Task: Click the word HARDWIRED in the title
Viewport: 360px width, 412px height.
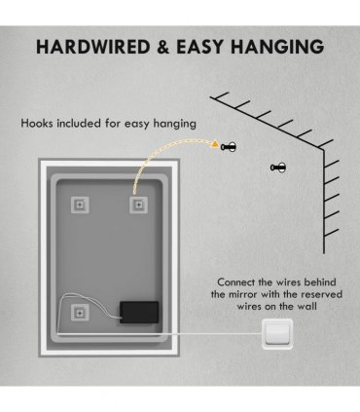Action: point(92,47)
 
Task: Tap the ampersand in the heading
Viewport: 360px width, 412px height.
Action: point(162,47)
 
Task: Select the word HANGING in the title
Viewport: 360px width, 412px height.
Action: point(277,47)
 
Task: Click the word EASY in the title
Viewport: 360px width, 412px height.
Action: point(200,47)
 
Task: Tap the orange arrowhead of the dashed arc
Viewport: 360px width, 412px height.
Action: point(214,143)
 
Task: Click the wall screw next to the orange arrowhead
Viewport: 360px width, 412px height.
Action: point(229,147)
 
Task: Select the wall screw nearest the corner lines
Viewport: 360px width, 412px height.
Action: point(278,168)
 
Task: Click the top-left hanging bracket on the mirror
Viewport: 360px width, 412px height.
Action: point(80,205)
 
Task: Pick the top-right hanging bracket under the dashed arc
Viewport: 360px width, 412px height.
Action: point(138,205)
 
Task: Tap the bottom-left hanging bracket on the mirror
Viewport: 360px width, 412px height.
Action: point(80,313)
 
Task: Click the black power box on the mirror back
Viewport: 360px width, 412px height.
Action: point(139,313)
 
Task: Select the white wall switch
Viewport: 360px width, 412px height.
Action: point(277,334)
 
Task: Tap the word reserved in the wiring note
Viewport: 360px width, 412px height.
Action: point(321,294)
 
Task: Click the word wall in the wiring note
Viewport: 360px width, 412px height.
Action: point(306,307)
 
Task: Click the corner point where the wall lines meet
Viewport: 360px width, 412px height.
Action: point(323,149)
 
